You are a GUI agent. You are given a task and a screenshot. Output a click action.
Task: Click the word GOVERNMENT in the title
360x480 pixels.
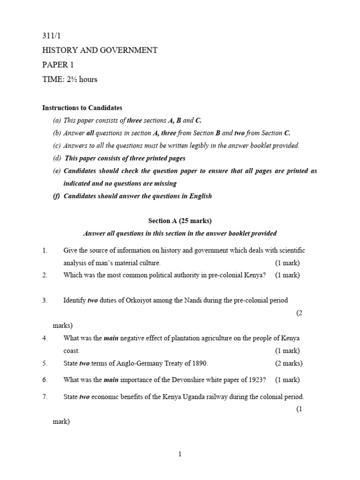click(127, 50)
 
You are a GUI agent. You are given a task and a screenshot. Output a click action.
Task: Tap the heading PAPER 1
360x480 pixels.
click(58, 65)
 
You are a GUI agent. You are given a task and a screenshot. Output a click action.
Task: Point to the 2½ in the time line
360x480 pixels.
click(71, 79)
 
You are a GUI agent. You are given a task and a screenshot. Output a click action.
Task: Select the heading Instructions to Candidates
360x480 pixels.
click(82, 108)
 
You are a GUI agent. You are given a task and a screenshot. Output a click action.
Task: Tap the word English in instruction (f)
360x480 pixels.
click(200, 196)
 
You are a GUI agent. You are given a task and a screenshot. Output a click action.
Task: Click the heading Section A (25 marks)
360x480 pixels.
click(180, 221)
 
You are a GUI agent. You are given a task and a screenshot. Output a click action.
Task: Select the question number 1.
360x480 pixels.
click(45, 251)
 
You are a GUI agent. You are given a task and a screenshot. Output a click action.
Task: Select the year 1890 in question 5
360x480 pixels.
click(198, 363)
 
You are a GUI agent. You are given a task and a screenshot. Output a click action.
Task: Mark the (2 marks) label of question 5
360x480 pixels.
click(288, 363)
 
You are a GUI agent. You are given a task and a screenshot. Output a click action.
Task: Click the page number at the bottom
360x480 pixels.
click(180, 454)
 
